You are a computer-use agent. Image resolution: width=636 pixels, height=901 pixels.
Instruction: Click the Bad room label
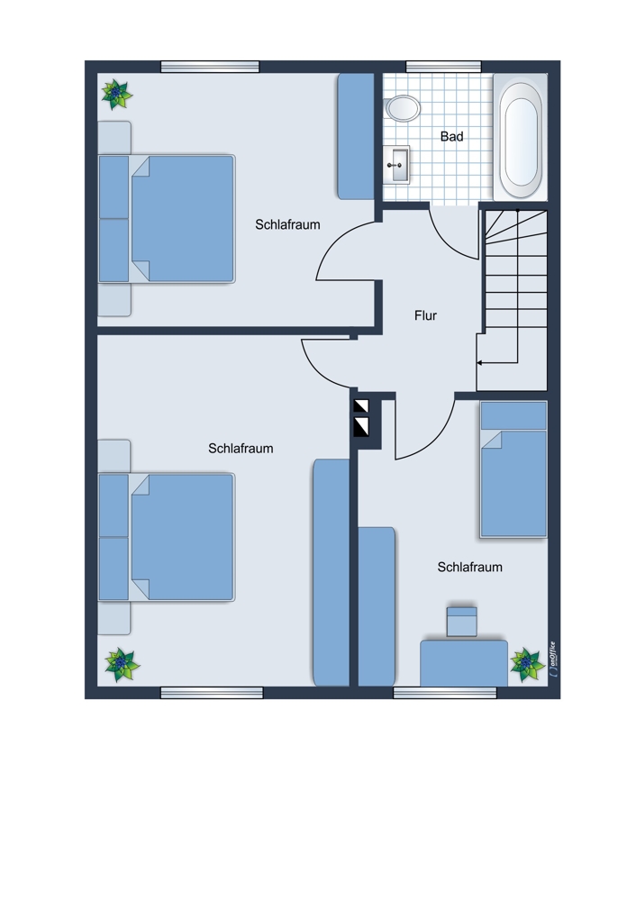pos(451,137)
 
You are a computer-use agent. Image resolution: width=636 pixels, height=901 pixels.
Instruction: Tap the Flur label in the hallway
pos(425,315)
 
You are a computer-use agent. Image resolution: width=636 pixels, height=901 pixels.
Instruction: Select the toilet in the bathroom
pos(402,108)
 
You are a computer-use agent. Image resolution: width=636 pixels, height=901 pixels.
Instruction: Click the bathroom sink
pos(395,165)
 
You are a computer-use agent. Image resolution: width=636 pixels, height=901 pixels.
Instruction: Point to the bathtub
pos(521,137)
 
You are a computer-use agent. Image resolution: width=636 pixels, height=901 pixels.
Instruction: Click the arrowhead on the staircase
pos(480,363)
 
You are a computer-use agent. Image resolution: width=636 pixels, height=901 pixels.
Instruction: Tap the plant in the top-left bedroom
pos(116,95)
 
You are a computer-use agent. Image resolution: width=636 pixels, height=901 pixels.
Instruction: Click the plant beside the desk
pos(527,664)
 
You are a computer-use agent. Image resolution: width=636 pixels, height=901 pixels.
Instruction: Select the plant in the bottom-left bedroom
pos(122,665)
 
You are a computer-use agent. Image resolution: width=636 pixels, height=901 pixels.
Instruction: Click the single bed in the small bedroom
pos(513,469)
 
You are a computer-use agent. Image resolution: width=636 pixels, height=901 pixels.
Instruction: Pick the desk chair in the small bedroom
pos(462,621)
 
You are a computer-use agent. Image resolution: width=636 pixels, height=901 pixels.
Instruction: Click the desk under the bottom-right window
pos(464,663)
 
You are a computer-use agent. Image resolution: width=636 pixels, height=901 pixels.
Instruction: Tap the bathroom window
pos(443,67)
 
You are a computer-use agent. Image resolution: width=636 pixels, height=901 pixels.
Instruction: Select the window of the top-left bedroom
pos(210,67)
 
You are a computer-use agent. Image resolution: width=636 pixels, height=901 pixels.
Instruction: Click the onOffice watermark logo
pos(553,659)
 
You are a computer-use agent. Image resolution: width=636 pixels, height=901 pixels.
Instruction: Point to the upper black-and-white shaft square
pos(361,406)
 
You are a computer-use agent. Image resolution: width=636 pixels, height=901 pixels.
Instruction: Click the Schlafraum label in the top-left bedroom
pos(287,224)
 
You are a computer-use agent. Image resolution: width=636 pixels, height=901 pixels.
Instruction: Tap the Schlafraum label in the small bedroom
pos(469,567)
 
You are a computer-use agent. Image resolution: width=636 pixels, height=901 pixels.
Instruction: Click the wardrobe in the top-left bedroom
pos(356,136)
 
